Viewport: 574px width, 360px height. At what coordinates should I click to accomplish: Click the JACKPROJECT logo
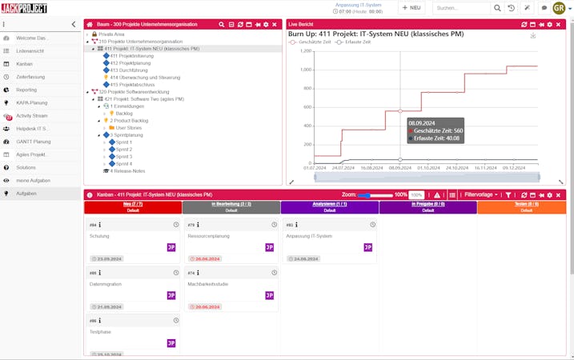[x=24, y=8]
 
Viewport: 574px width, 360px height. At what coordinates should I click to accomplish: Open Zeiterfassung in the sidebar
[x=31, y=76]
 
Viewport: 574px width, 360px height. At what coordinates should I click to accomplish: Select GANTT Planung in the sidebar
[x=34, y=141]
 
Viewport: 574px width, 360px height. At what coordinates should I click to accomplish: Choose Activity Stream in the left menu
[x=32, y=115]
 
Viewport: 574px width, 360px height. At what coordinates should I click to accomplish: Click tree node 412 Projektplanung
[x=125, y=62]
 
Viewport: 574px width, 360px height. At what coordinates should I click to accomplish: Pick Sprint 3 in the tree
[x=123, y=156]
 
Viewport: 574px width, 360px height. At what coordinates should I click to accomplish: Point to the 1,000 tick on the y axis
[x=304, y=70]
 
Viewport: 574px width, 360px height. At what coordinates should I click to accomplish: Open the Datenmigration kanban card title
[x=105, y=284]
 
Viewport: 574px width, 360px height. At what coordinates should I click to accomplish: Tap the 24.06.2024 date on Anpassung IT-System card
[x=307, y=258]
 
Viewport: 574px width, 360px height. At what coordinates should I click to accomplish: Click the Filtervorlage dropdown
[x=482, y=194]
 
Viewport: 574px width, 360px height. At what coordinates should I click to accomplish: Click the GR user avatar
[x=559, y=8]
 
